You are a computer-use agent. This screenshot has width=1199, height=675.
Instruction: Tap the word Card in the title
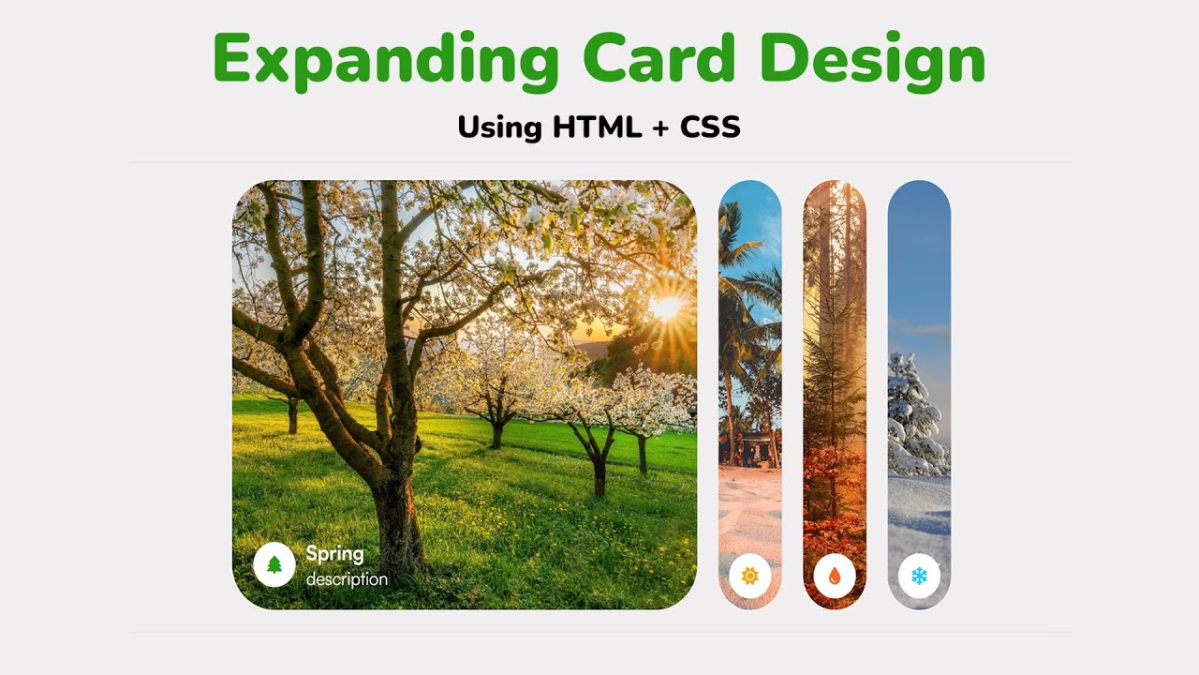tap(658, 60)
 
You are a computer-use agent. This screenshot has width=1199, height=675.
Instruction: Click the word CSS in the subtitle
tap(709, 127)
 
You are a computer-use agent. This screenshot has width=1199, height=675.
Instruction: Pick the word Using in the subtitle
tap(499, 127)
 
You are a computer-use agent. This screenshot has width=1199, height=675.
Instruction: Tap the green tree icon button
tap(274, 564)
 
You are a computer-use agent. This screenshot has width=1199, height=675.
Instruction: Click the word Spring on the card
tap(334, 553)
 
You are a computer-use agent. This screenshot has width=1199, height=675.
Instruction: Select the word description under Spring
tap(347, 579)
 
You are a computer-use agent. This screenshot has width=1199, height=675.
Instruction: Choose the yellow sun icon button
tap(749, 576)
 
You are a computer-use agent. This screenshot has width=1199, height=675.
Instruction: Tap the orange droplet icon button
tap(834, 576)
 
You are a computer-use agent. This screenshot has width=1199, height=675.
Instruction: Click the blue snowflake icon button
tap(919, 576)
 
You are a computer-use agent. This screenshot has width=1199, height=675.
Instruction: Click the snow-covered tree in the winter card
tap(913, 412)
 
